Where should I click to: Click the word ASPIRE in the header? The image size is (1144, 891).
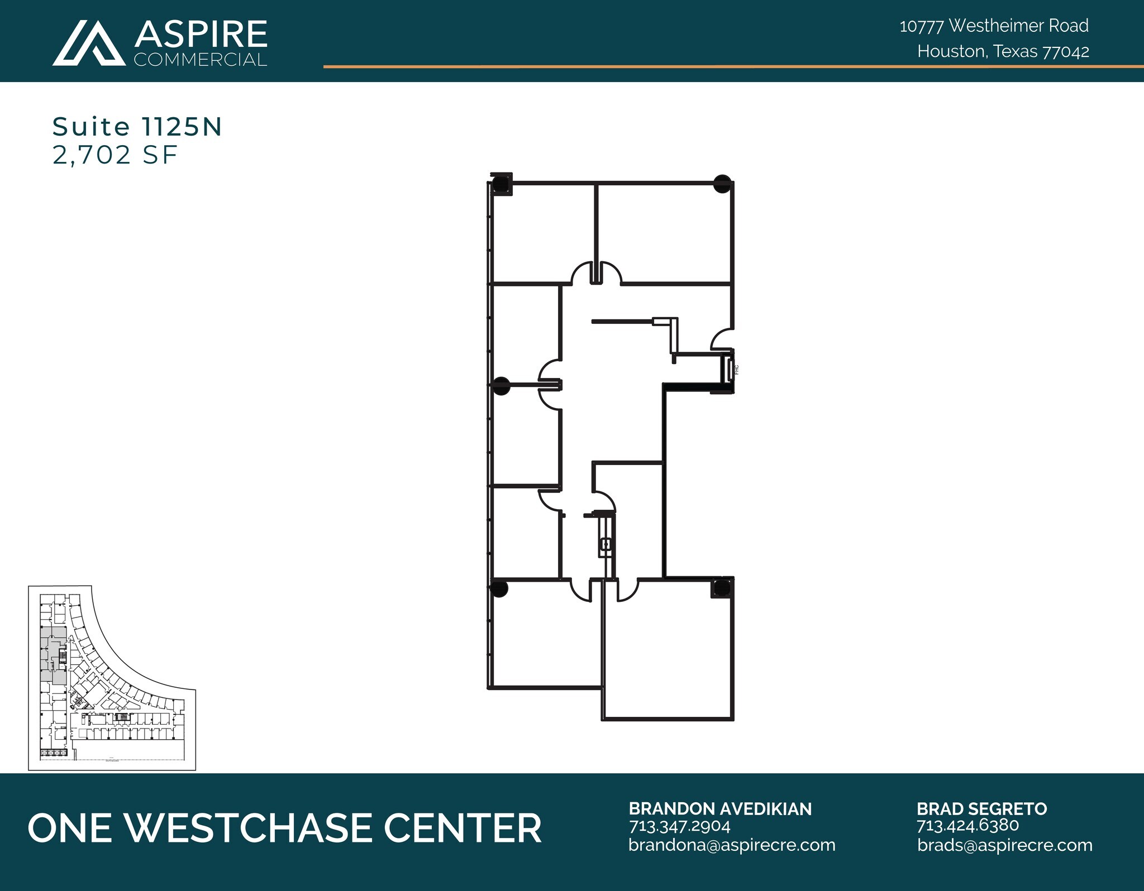(x=201, y=34)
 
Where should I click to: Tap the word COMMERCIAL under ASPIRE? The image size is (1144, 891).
(x=201, y=60)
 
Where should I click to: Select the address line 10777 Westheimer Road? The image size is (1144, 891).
(x=994, y=26)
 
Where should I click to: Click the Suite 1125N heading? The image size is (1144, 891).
(x=137, y=127)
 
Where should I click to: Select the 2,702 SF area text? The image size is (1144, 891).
(x=115, y=155)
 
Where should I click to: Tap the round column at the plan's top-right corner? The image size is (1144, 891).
(x=722, y=184)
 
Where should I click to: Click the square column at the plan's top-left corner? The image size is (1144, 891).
(x=501, y=184)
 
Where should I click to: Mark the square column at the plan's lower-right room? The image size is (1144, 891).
(x=721, y=588)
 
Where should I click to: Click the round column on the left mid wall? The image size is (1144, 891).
(x=501, y=386)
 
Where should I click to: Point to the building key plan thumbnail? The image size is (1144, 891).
(x=112, y=678)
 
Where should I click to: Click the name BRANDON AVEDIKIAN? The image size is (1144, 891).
(x=720, y=809)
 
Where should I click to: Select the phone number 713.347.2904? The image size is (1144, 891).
(x=679, y=826)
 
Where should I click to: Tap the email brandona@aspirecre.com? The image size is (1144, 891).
(x=732, y=845)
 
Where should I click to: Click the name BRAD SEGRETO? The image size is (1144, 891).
(x=981, y=809)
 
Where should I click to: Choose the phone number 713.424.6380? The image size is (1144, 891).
(x=967, y=825)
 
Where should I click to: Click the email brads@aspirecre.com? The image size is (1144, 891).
(x=1004, y=845)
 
